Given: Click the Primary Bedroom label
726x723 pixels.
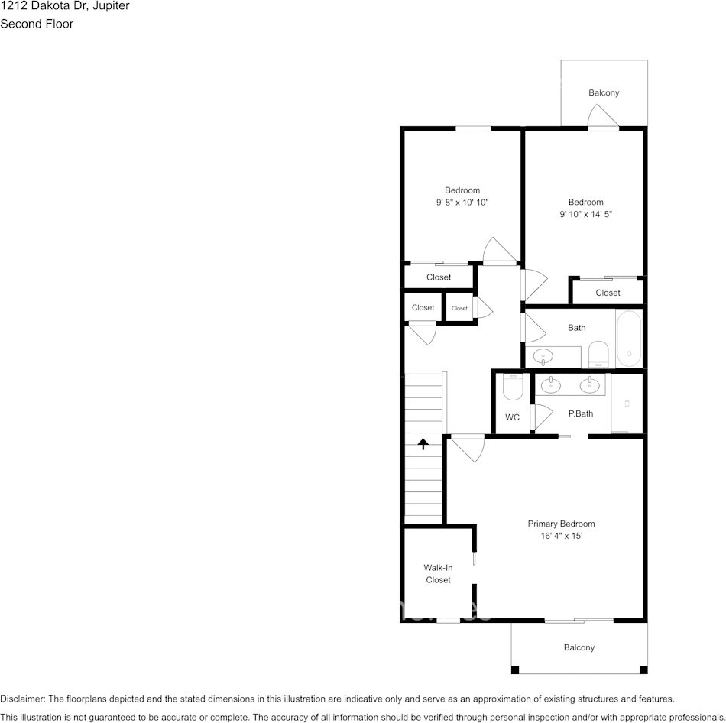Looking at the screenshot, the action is point(561,524).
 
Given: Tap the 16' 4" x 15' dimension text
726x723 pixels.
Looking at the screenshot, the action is point(561,536).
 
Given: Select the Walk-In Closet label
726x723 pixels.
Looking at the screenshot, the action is point(438,573).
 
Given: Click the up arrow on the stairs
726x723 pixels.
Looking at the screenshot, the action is point(423,444).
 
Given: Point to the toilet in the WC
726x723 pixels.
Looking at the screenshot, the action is point(513,387).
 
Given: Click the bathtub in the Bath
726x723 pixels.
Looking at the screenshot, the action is point(629,339).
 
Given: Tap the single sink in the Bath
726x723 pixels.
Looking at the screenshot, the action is point(543,357).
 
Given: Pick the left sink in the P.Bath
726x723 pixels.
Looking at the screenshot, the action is point(551,385).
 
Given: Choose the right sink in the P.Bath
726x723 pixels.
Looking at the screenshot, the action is point(589,385).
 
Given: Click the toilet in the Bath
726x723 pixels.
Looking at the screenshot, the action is point(598,355).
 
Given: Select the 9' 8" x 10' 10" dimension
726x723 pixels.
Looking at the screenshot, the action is point(462,203).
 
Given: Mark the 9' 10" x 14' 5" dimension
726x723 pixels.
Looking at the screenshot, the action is point(585,215).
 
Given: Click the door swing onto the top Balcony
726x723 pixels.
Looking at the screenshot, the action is point(603,116).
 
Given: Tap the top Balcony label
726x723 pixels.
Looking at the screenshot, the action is point(604,92).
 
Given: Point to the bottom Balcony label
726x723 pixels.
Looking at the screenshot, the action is point(579,647).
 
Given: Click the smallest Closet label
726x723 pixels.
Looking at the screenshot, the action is point(459,308).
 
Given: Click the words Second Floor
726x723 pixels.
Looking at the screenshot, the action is point(37,24).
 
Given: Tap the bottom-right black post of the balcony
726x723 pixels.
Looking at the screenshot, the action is point(643,670).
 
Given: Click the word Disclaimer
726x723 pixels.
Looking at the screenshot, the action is point(22,699).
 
